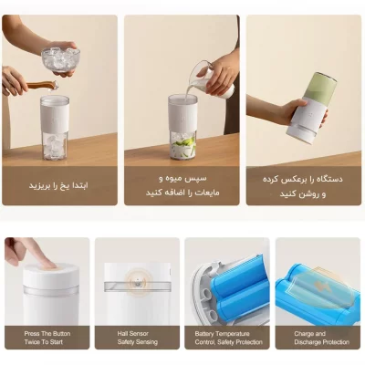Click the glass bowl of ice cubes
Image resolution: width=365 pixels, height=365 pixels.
(59, 58)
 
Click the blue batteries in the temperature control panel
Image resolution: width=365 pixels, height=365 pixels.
(233, 292)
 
